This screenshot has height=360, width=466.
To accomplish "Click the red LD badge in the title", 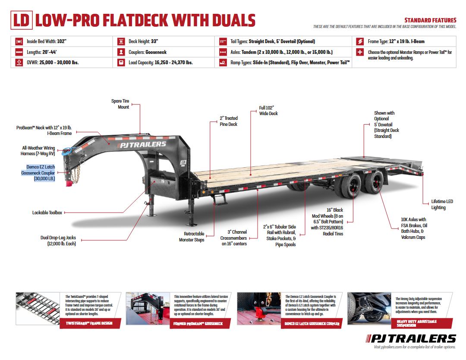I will (x=21, y=20).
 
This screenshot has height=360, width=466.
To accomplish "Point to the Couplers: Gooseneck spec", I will (x=147, y=52).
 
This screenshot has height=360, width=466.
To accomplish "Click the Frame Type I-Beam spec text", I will (x=396, y=41).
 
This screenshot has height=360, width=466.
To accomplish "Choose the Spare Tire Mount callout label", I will (x=120, y=104).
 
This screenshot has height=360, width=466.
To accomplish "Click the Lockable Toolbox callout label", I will (x=47, y=213).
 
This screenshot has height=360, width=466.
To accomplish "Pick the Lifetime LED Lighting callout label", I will (x=442, y=204).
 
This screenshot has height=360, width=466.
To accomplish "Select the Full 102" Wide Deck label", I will (x=268, y=110).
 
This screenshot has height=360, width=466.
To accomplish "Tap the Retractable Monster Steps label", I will (x=192, y=237).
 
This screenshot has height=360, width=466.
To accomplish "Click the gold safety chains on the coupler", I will (x=76, y=173).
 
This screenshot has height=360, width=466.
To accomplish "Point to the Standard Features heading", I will (x=430, y=20).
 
